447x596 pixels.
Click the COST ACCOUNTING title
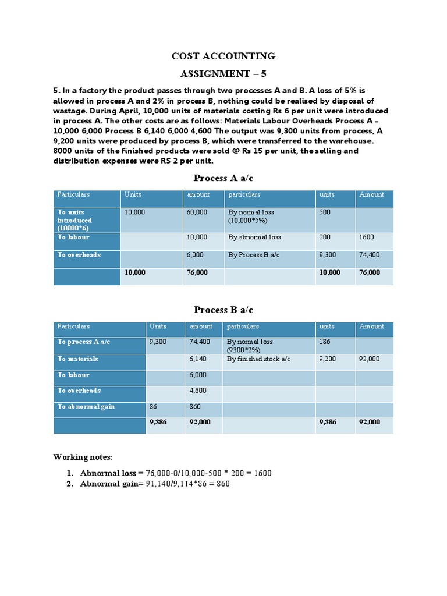223,56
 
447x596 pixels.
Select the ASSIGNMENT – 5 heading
223,74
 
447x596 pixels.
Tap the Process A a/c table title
223,178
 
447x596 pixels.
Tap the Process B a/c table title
223,310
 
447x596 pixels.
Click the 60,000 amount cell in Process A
197,212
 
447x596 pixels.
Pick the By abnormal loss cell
254,237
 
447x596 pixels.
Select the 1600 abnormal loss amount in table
367,237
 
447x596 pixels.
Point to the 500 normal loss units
325,212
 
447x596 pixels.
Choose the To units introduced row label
74,221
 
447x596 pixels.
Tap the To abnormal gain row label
86,407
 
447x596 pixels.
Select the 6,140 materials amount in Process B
198,359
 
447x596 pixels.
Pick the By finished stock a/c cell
258,359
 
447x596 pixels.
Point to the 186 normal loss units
325,342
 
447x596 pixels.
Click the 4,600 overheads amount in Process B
198,391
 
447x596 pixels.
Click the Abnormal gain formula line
155,484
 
